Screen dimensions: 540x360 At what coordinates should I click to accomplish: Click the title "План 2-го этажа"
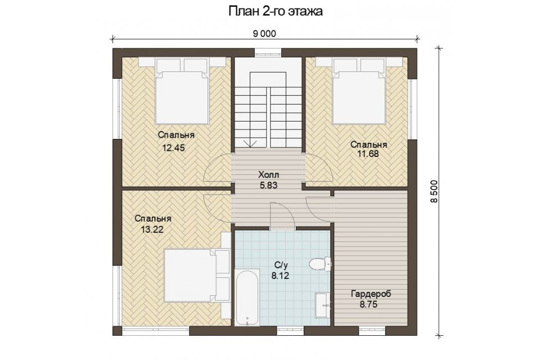coord(276,11)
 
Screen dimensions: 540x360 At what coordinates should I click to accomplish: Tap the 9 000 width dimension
coord(264,33)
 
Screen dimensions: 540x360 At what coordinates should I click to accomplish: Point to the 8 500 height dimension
coord(434,191)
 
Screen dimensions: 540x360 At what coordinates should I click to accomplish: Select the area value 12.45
coord(174,148)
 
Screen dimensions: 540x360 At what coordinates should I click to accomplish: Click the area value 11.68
coord(368,154)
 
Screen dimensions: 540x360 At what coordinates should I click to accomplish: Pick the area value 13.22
coord(152,229)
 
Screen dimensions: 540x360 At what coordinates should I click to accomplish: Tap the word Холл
coord(268,175)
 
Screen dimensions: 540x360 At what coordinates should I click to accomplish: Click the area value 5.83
coord(269,185)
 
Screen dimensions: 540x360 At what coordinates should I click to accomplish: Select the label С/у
coord(281,265)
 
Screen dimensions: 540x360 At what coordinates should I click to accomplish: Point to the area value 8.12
coord(280,276)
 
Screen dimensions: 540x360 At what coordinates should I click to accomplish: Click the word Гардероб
coord(371,294)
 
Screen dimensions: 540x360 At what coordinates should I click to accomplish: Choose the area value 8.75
coord(368,304)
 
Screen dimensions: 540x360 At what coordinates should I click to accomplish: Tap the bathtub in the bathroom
coord(247,298)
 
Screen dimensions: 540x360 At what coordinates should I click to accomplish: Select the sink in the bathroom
coord(323,304)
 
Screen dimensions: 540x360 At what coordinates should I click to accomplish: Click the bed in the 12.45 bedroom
coord(182,91)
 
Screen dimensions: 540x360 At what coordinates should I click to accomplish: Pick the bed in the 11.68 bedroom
coord(359,91)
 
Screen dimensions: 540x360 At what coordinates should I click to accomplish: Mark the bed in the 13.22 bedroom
coord(197,275)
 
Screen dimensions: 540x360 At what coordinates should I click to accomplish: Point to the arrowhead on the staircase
coord(250,143)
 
